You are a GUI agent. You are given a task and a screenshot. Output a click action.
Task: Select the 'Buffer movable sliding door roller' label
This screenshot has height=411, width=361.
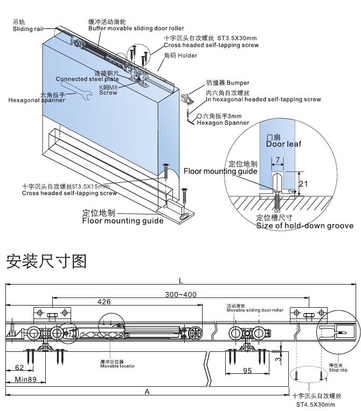click(x=136, y=28)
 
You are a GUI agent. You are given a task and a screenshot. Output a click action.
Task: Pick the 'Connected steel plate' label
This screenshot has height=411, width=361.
click(x=87, y=79)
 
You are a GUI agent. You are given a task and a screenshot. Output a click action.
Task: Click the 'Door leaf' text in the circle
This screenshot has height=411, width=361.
click(x=283, y=144)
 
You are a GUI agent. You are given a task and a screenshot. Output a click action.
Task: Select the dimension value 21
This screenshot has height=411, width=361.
click(x=303, y=184)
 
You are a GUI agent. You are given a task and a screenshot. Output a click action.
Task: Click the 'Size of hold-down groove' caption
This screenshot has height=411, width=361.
click(x=305, y=225)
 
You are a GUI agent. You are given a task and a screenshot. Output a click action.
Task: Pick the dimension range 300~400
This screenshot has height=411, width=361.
click(x=181, y=295)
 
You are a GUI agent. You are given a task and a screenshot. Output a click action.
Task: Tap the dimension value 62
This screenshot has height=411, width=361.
click(x=19, y=368)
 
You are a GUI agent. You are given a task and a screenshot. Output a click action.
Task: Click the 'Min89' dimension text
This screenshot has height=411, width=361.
click(x=25, y=380)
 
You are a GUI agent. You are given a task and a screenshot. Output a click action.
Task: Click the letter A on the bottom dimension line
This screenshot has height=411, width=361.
click(x=147, y=392)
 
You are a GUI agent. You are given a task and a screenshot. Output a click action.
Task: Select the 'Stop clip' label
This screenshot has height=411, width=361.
click(x=338, y=369)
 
